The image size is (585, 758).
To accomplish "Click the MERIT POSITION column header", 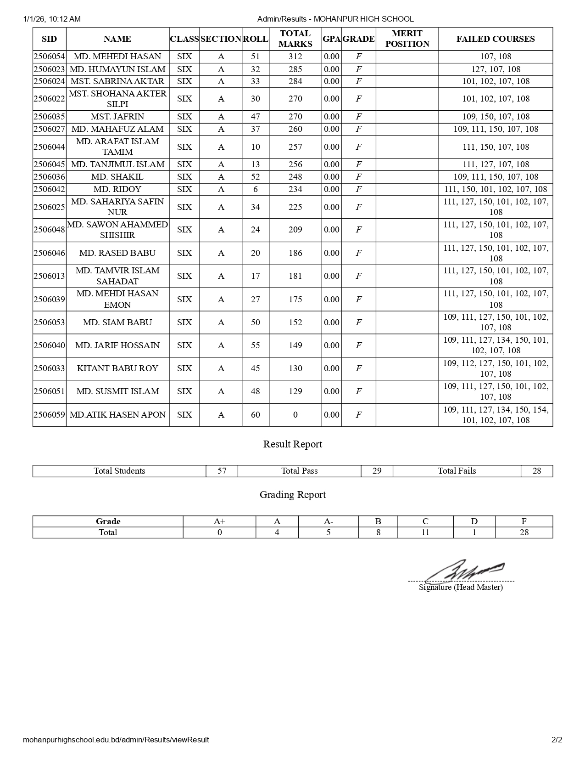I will point(407,39).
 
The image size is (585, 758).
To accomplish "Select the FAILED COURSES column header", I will point(496,39).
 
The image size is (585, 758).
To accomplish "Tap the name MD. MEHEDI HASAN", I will point(117,57).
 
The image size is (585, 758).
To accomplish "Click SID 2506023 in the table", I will point(49,69).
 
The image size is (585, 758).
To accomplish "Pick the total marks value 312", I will point(295,57).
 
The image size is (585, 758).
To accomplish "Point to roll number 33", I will point(255,81).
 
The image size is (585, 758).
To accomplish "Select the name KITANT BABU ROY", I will point(117,368).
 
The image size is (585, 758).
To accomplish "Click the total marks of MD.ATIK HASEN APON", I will point(295,415).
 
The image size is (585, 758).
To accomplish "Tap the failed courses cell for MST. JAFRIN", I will point(496,117).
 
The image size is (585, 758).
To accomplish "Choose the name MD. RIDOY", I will point(117,189).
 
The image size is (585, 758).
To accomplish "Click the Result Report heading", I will point(293,444).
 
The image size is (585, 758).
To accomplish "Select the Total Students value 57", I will point(222,471).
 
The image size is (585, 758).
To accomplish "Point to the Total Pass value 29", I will point(377,471).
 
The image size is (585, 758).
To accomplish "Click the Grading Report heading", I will point(293,495).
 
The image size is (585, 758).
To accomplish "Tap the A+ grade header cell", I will point(219,521).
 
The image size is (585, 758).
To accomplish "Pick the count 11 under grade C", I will point(425,532).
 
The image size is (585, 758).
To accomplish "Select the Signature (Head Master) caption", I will point(461,588).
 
